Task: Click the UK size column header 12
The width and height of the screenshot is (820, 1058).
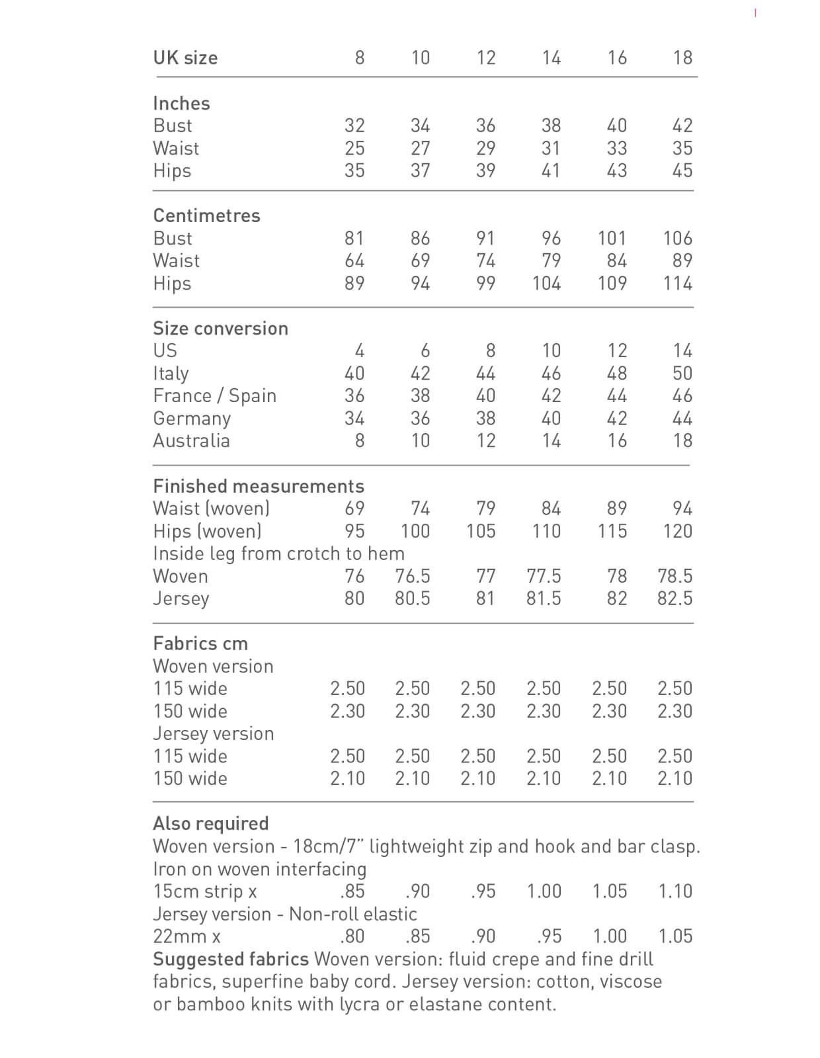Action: point(486,58)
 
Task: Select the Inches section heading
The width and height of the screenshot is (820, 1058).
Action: point(181,103)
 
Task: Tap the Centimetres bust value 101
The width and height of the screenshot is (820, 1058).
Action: point(612,238)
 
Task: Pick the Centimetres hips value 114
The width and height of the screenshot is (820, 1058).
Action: point(678,283)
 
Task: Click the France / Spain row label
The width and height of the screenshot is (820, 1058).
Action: point(214,395)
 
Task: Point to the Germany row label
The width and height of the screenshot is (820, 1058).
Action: point(192,419)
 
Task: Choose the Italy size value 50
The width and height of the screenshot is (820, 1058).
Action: point(682,373)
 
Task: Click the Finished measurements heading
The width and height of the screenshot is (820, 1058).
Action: point(259,486)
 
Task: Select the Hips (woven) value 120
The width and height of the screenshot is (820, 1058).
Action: point(678,531)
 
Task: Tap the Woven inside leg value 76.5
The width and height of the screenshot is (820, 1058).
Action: point(413,576)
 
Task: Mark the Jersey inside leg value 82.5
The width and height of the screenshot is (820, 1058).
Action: point(675,598)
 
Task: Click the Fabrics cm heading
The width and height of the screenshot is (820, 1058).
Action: point(200,643)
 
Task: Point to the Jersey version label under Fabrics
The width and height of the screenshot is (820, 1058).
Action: point(213,733)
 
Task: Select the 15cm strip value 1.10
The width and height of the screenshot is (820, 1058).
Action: point(675,891)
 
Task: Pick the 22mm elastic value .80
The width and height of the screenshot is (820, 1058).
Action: point(352,936)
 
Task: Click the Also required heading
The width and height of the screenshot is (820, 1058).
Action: point(211,823)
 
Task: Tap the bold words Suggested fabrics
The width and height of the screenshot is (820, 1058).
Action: point(231,959)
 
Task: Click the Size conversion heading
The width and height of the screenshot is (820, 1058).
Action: point(220,329)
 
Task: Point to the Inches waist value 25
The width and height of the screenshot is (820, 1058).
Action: point(354,148)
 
